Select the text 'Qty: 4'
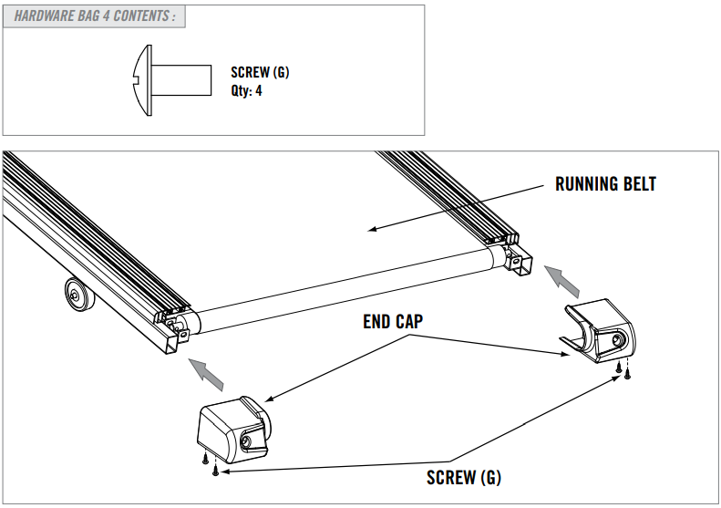click(x=246, y=91)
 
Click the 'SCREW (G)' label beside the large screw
click(x=260, y=73)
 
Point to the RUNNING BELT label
click(x=605, y=184)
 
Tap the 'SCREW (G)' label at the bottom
click(x=463, y=478)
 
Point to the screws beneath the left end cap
click(x=211, y=464)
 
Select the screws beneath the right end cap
click(x=623, y=368)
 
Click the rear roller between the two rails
click(x=346, y=291)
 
